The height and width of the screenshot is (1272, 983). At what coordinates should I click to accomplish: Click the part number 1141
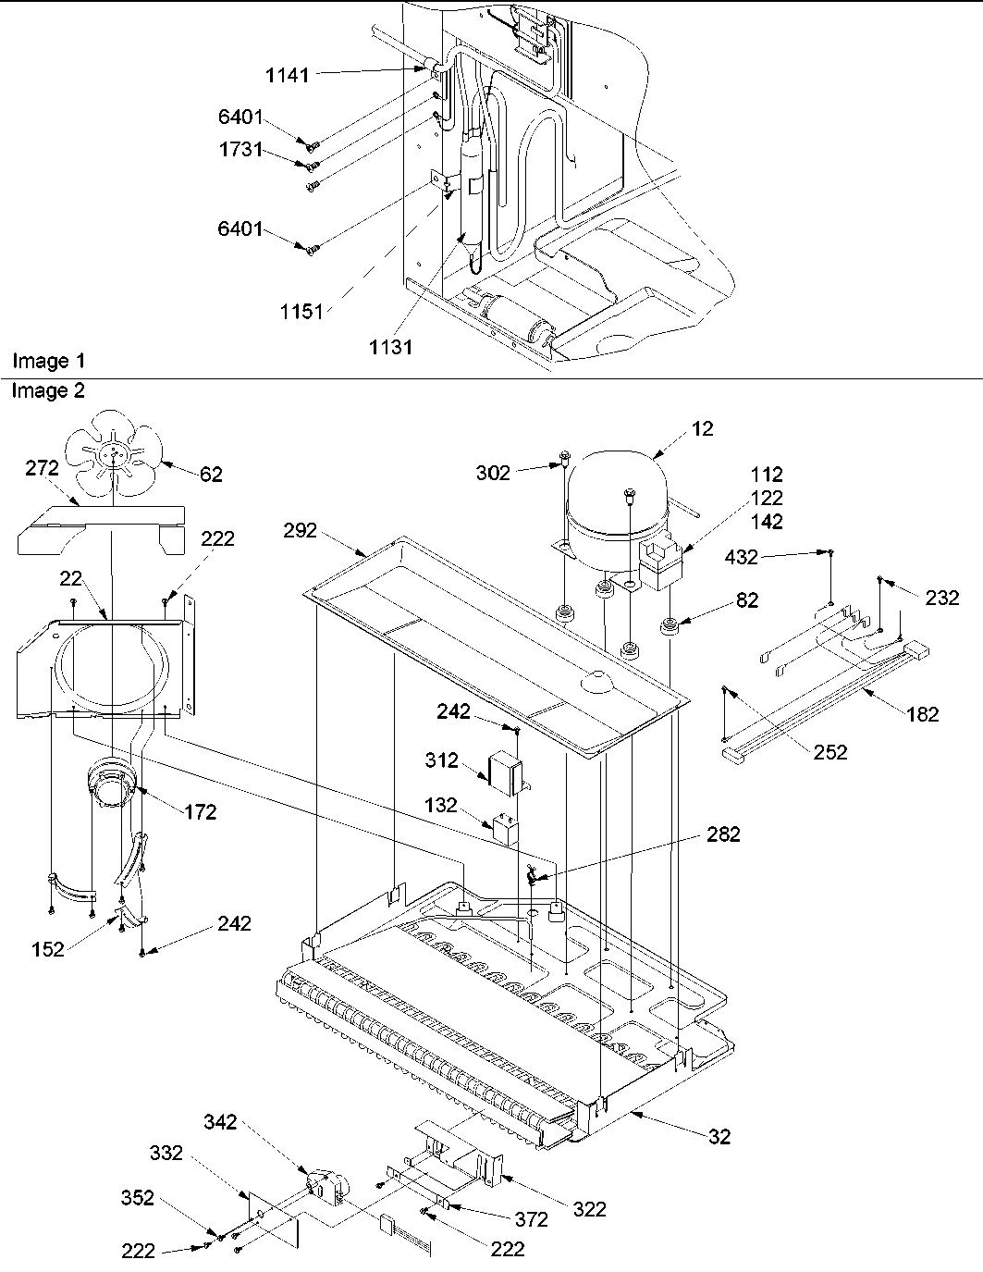(287, 76)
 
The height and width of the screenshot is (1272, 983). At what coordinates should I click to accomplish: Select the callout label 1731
(241, 150)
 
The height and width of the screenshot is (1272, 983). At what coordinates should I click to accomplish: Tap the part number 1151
(302, 312)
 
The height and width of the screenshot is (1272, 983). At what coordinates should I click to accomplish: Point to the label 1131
(390, 347)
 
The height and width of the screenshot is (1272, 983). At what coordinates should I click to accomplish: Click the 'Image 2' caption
(48, 391)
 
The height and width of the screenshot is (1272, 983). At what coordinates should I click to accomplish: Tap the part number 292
(301, 530)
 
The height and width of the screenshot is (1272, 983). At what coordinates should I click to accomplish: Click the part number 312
(442, 760)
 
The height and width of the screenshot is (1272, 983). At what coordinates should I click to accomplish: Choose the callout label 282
(723, 834)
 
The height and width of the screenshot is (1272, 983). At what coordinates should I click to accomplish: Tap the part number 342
(221, 1123)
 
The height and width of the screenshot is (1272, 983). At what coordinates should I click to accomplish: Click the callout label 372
(532, 1219)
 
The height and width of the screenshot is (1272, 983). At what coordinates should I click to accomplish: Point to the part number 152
(47, 949)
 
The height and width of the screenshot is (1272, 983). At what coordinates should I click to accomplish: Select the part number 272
(41, 470)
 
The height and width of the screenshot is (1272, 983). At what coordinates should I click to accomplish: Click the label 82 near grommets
(747, 600)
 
